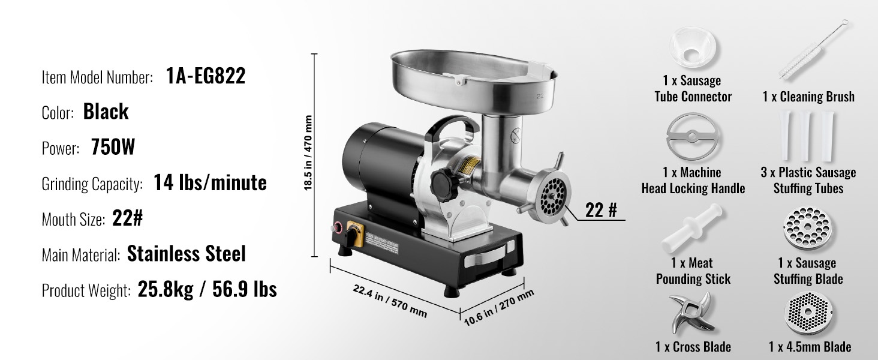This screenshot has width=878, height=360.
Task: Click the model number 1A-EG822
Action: [x=206, y=76]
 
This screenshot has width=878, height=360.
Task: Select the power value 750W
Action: [x=113, y=147]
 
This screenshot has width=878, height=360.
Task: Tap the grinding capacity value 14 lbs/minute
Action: [x=210, y=182]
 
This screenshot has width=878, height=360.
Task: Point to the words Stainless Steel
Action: [x=186, y=254]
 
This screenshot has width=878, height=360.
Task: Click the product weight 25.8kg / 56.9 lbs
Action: [x=208, y=289]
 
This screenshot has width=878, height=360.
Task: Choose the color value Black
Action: [x=106, y=112]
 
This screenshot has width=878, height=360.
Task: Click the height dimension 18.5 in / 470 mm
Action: [x=308, y=153]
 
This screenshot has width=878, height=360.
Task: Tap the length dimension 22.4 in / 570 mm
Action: [x=390, y=301]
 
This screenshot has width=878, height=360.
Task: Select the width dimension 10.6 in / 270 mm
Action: [x=499, y=307]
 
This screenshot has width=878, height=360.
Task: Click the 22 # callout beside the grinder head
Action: [x=601, y=210]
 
